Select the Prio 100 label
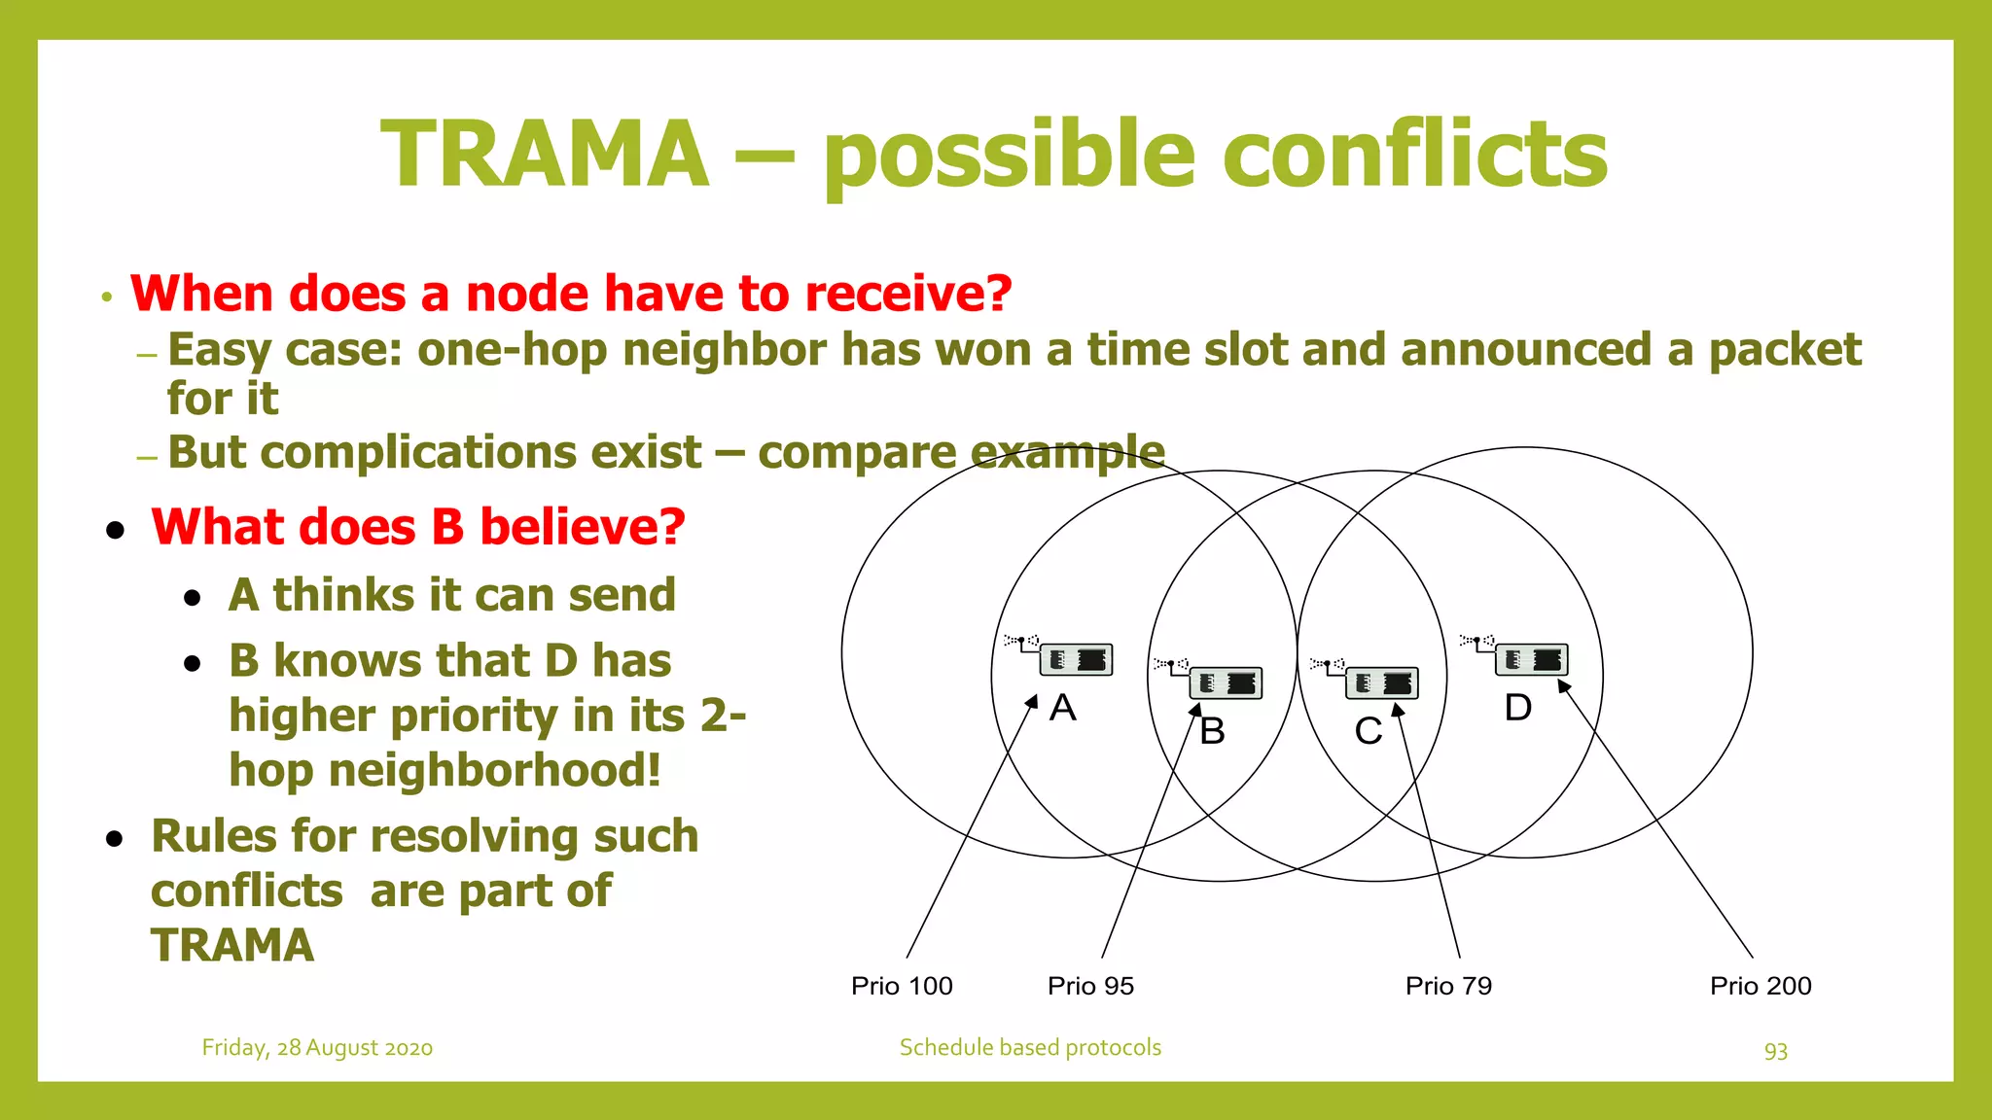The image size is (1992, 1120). click(902, 986)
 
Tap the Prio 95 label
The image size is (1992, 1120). click(1090, 986)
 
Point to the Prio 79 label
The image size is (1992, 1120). click(1448, 986)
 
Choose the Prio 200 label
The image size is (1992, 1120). click(1761, 986)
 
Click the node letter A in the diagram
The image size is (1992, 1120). click(1063, 708)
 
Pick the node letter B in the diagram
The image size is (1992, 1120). click(1212, 731)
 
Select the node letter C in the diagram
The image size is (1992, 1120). click(1369, 731)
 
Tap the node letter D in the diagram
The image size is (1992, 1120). click(1518, 708)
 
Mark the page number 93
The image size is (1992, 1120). click(1776, 1051)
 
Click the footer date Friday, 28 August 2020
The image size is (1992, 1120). click(317, 1048)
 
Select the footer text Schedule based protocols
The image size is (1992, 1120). click(1030, 1048)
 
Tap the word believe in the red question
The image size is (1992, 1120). click(582, 527)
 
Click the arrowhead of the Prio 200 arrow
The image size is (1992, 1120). click(1563, 685)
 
